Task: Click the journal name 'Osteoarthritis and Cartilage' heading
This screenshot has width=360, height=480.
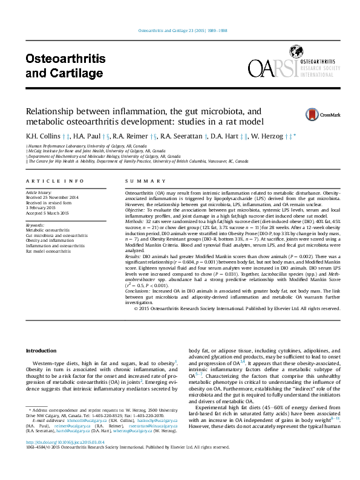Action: click(x=65, y=66)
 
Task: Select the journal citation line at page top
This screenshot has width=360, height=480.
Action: click(x=179, y=30)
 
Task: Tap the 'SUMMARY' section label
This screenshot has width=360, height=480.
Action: click(x=140, y=181)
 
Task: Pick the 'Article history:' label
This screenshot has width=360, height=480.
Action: click(x=40, y=192)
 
